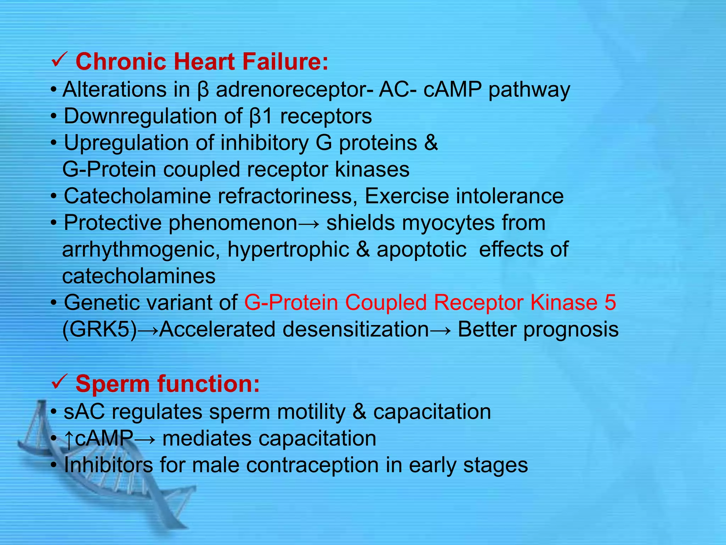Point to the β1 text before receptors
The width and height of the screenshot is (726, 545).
[261, 116]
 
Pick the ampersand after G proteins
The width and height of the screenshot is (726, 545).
[431, 143]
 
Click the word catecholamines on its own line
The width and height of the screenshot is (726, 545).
[139, 276]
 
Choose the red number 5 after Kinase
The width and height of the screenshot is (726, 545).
[610, 303]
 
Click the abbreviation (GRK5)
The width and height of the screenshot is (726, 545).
[99, 330]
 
